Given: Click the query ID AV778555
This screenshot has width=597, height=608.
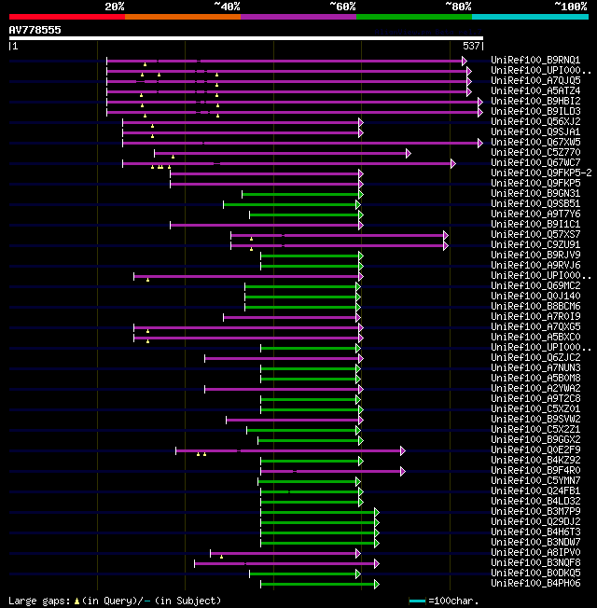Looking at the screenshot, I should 35,30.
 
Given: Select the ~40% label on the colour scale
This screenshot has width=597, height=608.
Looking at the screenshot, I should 227,6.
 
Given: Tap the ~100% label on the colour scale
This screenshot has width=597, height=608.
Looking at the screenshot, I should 570,6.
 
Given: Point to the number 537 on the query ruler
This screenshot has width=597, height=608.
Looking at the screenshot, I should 471,46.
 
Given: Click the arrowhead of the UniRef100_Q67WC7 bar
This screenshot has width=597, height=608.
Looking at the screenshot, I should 452,163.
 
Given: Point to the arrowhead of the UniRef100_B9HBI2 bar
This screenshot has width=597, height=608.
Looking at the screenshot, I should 480,102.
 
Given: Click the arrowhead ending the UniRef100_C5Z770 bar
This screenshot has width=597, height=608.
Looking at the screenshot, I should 408,153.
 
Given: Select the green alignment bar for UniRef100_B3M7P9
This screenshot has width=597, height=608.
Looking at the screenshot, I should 317,512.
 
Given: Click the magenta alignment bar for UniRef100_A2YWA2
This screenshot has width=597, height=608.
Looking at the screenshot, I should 280,389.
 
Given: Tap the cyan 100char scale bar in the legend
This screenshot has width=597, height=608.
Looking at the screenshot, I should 417,601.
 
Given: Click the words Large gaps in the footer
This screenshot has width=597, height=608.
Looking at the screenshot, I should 38,601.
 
